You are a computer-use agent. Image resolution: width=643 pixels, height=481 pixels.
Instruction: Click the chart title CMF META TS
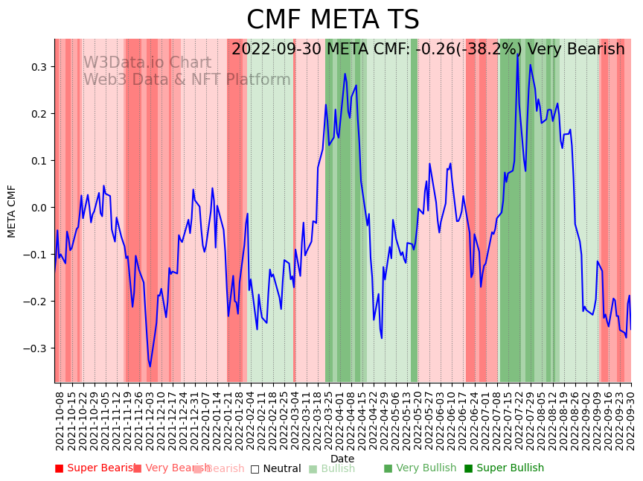click(333, 20)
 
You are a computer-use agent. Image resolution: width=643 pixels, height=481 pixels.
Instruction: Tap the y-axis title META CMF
click(12, 211)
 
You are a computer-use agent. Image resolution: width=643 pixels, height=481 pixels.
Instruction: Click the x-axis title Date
click(342, 459)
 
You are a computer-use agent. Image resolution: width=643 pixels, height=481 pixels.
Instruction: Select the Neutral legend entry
click(276, 468)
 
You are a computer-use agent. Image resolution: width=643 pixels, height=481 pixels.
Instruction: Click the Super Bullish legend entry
click(505, 468)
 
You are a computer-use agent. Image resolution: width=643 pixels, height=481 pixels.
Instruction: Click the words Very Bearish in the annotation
click(576, 50)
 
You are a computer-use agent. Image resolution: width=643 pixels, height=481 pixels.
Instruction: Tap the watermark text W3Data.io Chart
click(147, 63)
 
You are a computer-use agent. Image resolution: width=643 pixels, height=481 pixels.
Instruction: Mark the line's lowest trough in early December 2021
click(150, 366)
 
